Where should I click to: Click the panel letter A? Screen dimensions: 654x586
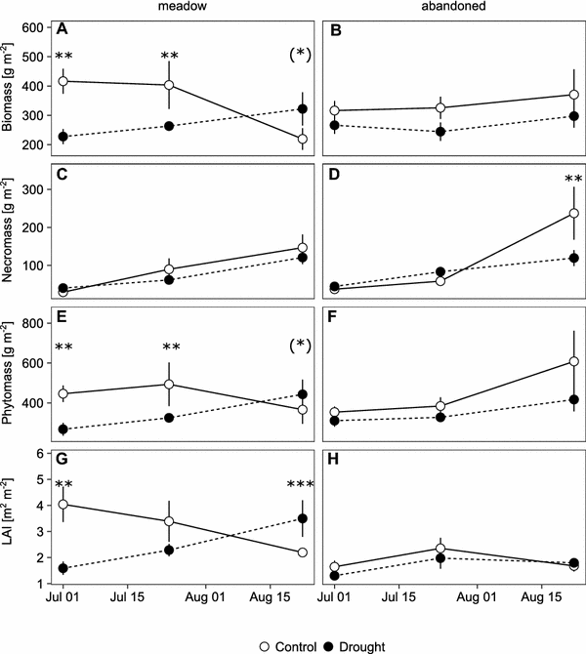(x=62, y=28)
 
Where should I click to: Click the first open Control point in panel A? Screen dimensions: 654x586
(x=63, y=82)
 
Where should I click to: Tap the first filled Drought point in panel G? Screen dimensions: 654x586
(x=63, y=568)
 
